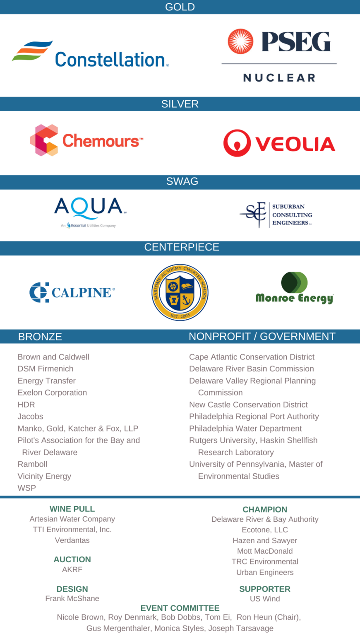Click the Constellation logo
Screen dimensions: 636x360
point(90,55)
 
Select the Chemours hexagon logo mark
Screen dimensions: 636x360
point(44,140)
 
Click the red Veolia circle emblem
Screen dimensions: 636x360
point(237,143)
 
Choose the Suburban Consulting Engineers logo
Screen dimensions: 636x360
point(276,214)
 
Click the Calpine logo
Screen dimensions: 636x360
point(72,292)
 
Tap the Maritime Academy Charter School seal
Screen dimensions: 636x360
point(180,292)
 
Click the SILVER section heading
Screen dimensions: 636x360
point(180,104)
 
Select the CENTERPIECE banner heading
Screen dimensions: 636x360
point(182,247)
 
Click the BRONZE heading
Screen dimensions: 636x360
point(40,337)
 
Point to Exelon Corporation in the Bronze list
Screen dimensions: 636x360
point(52,393)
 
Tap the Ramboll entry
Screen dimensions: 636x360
point(32,464)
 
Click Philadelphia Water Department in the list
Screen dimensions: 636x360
point(245,429)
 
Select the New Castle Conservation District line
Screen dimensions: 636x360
point(248,405)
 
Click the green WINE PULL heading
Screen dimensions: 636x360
point(72,509)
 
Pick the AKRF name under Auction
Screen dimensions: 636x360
point(72,570)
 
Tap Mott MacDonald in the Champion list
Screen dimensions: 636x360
point(265,551)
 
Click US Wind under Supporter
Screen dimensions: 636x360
point(265,599)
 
